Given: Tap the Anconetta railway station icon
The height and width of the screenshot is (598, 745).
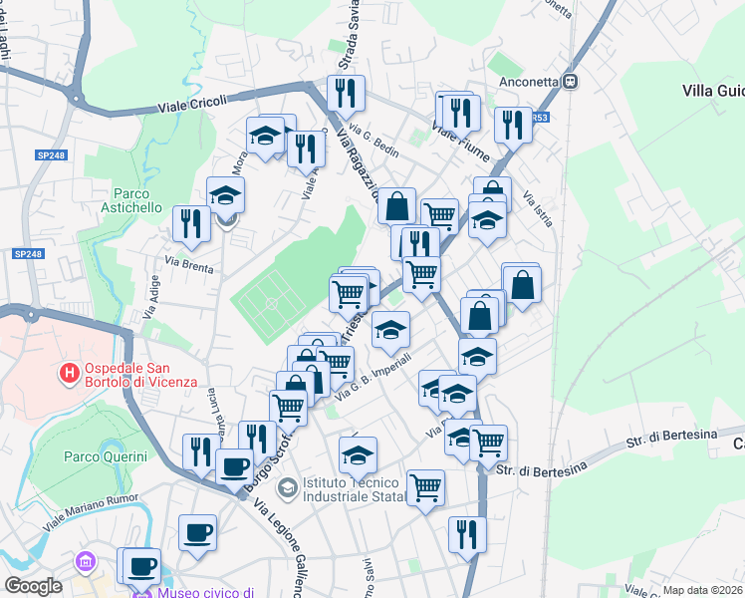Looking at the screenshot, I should (571, 83).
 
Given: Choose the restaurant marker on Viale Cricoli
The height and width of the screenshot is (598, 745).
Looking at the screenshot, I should (346, 94).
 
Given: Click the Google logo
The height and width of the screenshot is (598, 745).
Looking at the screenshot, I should (32, 586).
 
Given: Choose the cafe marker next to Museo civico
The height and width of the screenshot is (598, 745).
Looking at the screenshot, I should (141, 564).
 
